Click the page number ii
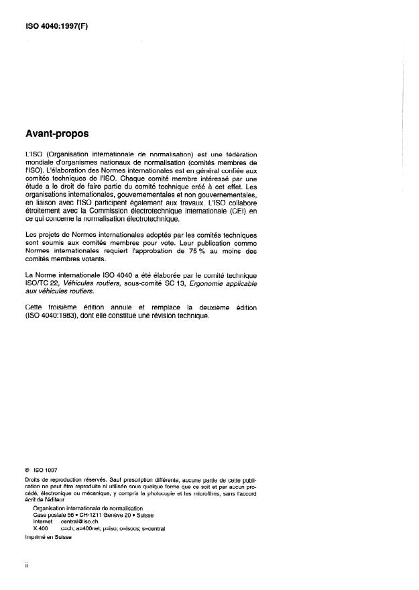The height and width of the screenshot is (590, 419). point(26,565)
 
